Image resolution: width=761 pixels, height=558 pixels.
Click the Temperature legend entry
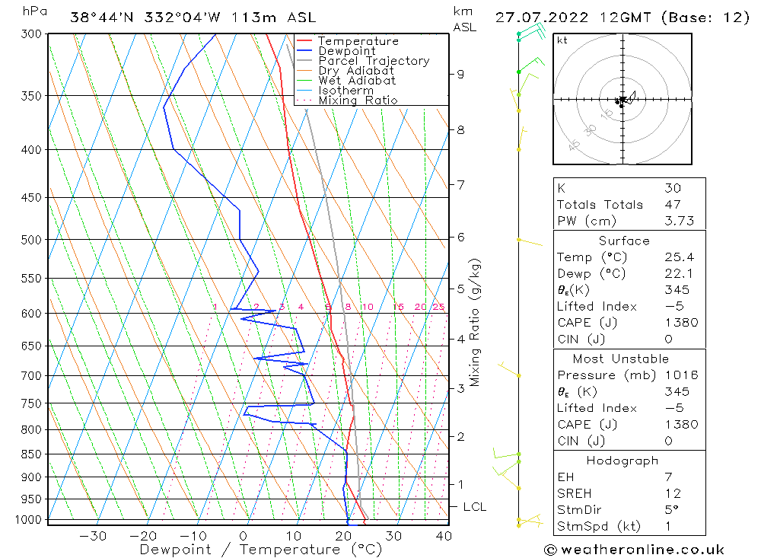(x=358, y=41)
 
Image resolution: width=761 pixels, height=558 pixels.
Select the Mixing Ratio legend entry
(x=358, y=100)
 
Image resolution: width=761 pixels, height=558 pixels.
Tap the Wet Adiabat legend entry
(x=357, y=80)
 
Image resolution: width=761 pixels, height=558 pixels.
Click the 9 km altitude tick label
(x=460, y=74)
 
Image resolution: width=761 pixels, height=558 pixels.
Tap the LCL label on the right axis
(x=475, y=507)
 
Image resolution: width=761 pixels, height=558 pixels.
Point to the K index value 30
(x=673, y=188)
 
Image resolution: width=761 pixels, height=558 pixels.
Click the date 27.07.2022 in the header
(x=537, y=18)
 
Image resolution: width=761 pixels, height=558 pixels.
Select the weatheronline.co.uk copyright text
(x=635, y=550)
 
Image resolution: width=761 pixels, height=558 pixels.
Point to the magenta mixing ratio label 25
(x=438, y=307)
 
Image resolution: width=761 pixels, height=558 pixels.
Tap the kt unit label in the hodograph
(x=562, y=40)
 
